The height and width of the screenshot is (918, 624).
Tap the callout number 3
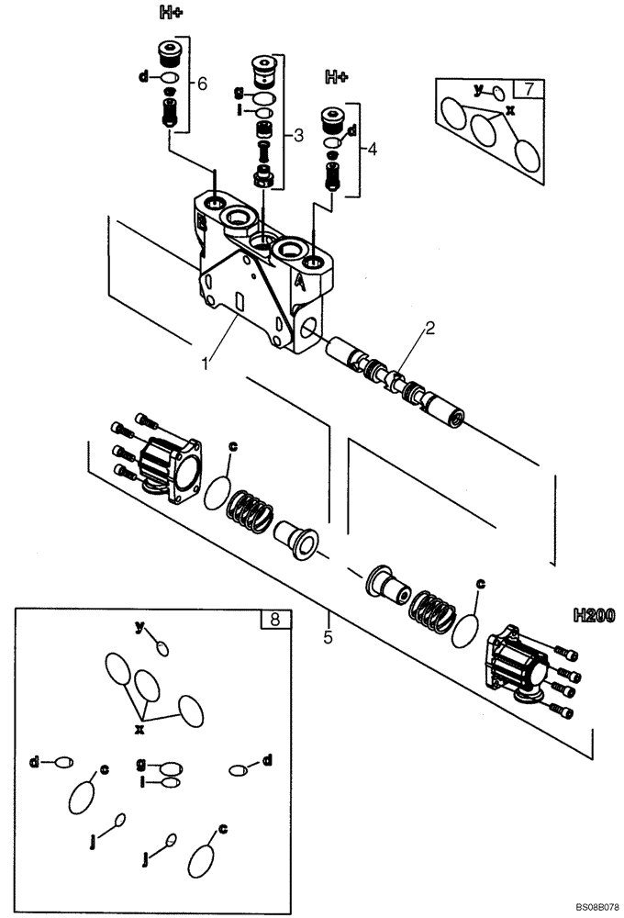[x=298, y=135]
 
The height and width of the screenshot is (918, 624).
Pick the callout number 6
[x=203, y=84]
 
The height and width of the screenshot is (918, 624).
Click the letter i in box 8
[x=143, y=781]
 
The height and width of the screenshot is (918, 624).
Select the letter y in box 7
[x=477, y=89]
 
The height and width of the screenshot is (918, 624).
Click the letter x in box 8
[x=140, y=730]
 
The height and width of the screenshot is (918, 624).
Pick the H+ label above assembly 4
[x=337, y=78]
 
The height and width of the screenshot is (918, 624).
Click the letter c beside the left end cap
[x=233, y=446]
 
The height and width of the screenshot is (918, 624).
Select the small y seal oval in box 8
[x=162, y=649]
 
